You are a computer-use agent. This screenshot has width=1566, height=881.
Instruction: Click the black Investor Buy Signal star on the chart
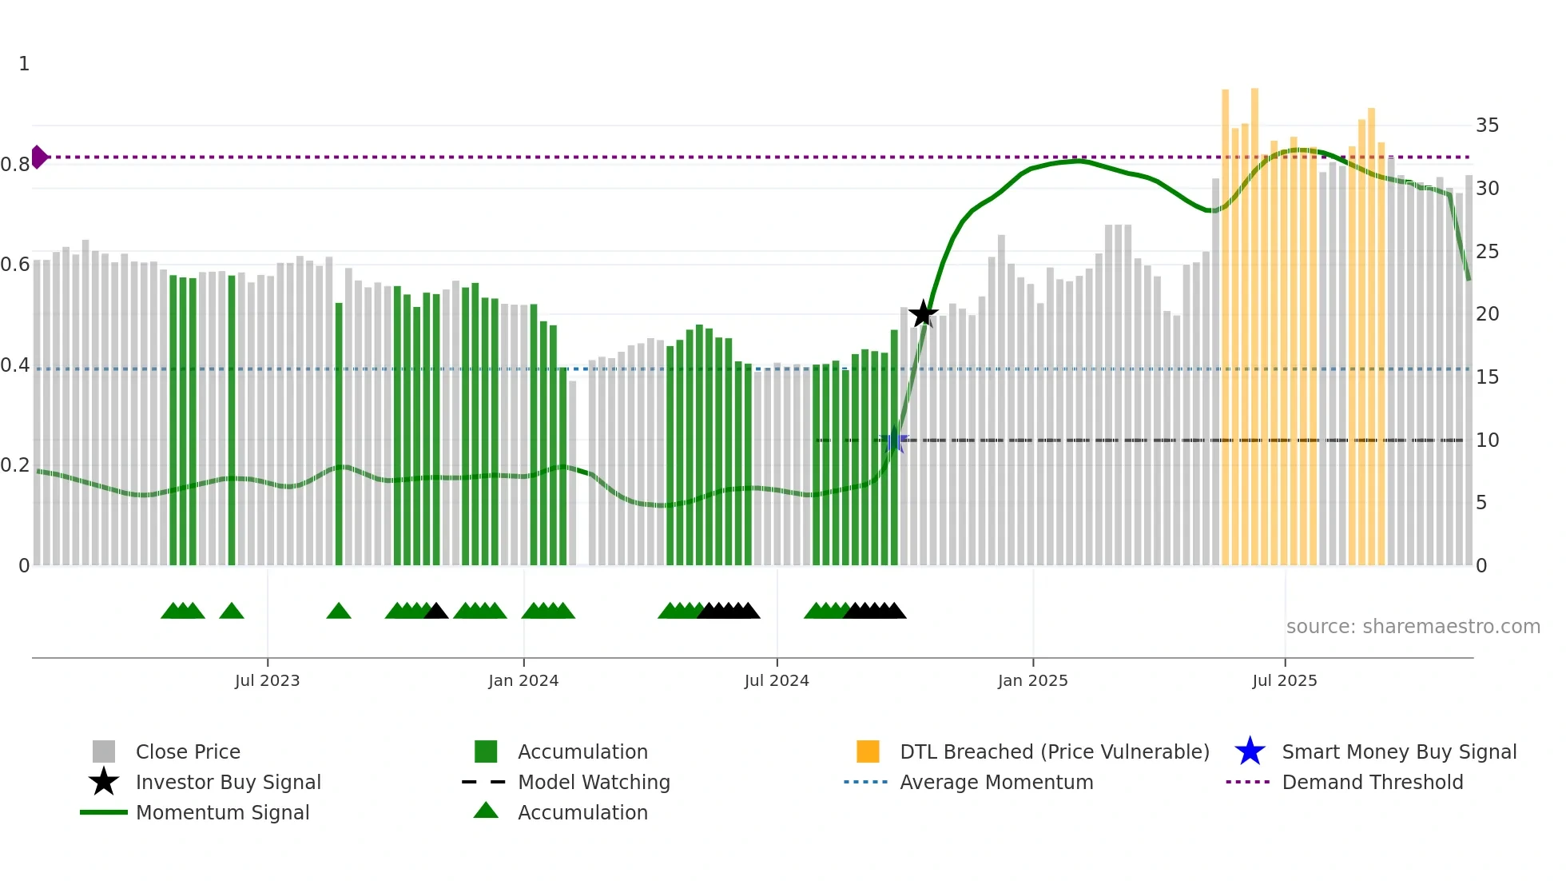(924, 313)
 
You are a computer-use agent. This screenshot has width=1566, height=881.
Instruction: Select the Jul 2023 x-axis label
(267, 680)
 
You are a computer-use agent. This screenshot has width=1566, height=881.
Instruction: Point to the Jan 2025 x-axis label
(1032, 680)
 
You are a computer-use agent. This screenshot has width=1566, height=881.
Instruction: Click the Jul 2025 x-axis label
(1284, 680)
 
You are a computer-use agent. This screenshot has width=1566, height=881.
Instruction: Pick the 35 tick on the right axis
(1487, 126)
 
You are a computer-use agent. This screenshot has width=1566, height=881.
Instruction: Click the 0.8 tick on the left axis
(16, 165)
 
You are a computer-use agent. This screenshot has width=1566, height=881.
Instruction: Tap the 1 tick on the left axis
(24, 64)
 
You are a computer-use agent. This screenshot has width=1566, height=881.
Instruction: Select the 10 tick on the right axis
(1487, 440)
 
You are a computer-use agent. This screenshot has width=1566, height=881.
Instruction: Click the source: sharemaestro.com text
(1413, 627)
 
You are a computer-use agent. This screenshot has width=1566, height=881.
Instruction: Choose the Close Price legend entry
(188, 751)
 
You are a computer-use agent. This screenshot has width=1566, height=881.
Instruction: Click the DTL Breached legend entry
(1054, 751)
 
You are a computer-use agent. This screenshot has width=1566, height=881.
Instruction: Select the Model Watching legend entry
(594, 782)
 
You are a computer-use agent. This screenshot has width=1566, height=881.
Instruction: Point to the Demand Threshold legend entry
(1372, 782)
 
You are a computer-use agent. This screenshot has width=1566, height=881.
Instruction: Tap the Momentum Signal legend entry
(222, 812)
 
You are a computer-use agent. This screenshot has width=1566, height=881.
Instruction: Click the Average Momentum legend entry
(996, 782)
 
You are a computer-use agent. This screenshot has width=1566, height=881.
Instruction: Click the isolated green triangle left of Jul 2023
(232, 612)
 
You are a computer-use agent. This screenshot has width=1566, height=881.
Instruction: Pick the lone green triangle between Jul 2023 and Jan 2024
(339, 612)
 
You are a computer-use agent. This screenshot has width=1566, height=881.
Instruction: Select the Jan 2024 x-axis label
(523, 680)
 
